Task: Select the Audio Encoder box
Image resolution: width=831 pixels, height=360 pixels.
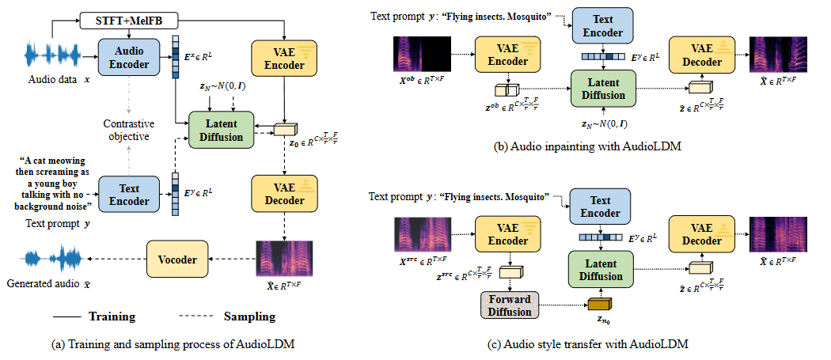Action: (129, 56)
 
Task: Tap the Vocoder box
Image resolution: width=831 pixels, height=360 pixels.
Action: (177, 260)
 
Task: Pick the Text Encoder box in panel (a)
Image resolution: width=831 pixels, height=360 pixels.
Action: (129, 195)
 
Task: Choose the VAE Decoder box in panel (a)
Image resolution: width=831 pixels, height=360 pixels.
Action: (285, 194)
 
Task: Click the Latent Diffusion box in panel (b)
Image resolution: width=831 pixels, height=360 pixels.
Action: (602, 89)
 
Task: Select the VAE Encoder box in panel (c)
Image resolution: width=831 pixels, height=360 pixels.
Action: (508, 234)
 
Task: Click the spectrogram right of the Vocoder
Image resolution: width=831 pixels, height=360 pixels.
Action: (284, 259)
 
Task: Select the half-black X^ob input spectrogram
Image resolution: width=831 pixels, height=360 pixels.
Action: (422, 54)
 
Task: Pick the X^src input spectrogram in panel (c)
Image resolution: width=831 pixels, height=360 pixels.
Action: (423, 234)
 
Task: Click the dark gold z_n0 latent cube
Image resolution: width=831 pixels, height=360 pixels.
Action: (600, 305)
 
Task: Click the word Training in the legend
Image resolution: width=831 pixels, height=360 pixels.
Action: (112, 317)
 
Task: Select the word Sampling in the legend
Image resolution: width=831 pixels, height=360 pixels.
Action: (249, 317)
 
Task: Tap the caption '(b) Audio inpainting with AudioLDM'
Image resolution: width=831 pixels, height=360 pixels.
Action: (587, 148)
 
